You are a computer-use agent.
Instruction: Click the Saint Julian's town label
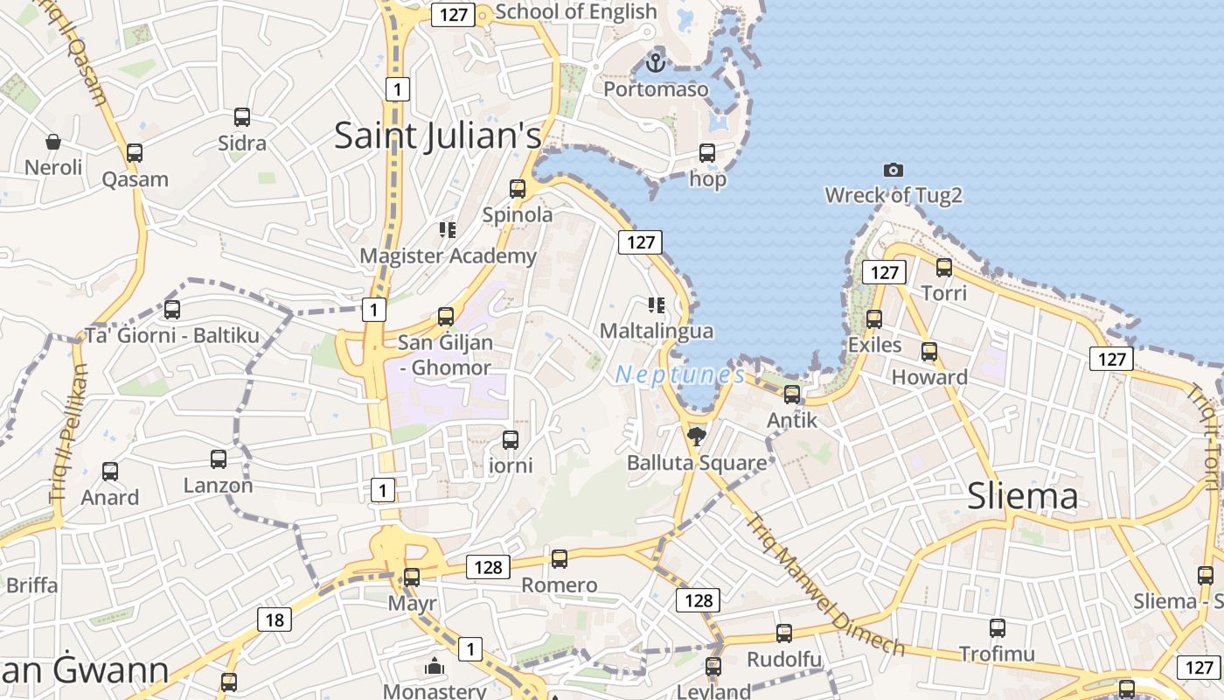(x=438, y=136)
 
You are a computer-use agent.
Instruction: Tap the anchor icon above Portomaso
(x=655, y=63)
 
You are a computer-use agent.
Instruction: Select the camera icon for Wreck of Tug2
(x=893, y=170)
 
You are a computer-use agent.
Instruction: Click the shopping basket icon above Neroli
(x=53, y=142)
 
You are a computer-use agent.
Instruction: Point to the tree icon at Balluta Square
(x=697, y=437)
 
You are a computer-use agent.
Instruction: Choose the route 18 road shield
(x=275, y=620)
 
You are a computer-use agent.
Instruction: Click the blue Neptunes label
(x=680, y=374)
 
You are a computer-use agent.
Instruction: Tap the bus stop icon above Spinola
(x=518, y=189)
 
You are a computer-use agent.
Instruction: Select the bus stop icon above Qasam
(x=135, y=153)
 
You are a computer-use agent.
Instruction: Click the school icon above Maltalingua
(x=656, y=305)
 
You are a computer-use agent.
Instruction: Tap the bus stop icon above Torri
(x=944, y=268)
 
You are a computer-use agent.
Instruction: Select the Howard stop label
(x=929, y=377)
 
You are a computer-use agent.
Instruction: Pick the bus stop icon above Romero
(x=560, y=559)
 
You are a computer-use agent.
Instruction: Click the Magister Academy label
(x=448, y=255)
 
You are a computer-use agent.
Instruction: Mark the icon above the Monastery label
(x=435, y=667)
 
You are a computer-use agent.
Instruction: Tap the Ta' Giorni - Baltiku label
(x=172, y=335)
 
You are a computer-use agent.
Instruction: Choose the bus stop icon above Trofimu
(x=998, y=628)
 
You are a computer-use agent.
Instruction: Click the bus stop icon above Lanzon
(x=219, y=459)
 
